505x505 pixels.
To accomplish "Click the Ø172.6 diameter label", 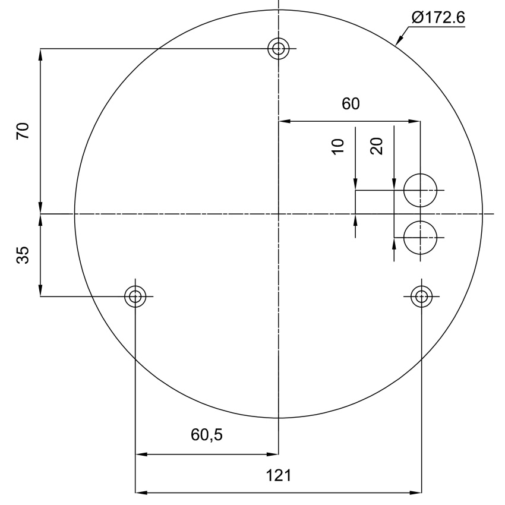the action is coord(438,17).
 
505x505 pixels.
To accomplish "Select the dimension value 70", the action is coord(23,131).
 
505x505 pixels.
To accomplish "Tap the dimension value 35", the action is coord(23,255).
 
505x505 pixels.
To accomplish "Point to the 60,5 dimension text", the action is coord(207,434).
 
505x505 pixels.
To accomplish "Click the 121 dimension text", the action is coord(279,475).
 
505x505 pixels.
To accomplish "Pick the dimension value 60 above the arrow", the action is coord(351,104).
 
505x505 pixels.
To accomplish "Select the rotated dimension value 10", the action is coord(338,147).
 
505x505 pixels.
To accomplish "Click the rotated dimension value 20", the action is coord(377,146).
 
